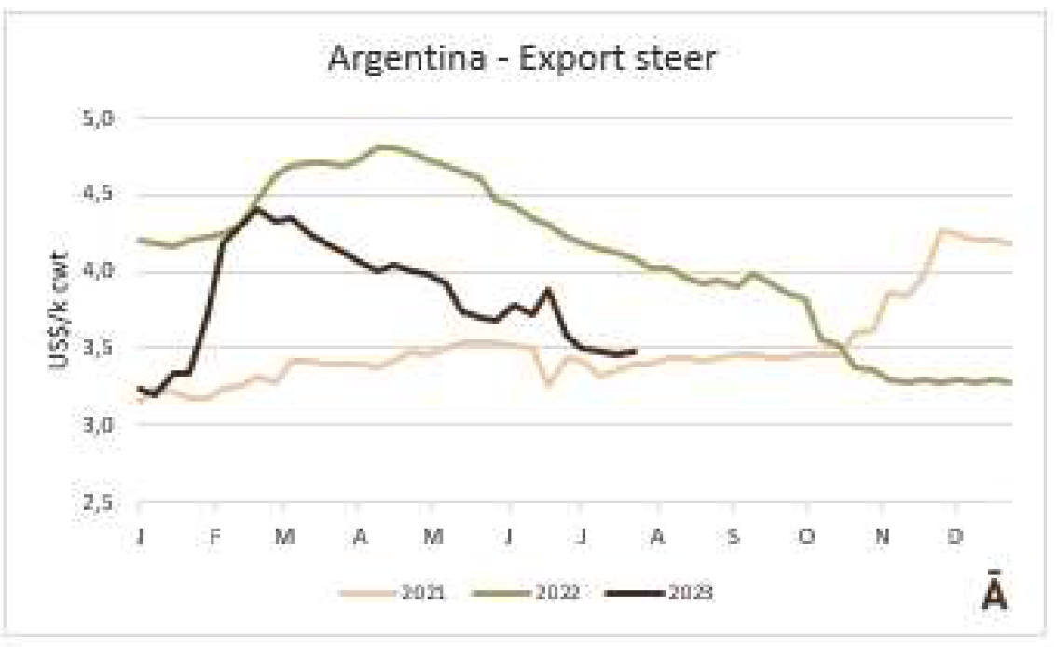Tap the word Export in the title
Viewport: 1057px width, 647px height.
coord(562,60)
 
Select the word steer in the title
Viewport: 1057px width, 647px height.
coord(672,60)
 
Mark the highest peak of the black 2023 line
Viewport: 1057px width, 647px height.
coord(254,210)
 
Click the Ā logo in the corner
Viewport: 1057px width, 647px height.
coord(995,593)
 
